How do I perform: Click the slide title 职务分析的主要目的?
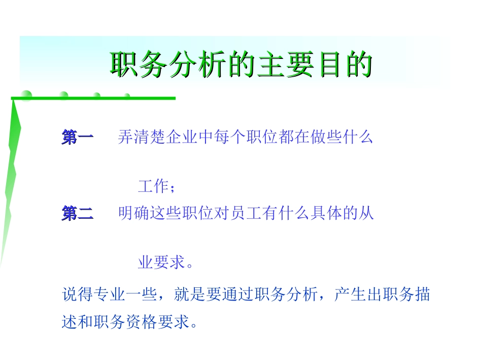pyautogui.click(x=241, y=65)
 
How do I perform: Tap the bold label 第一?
pyautogui.click(x=78, y=138)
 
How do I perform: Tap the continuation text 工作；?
pyautogui.click(x=157, y=187)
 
